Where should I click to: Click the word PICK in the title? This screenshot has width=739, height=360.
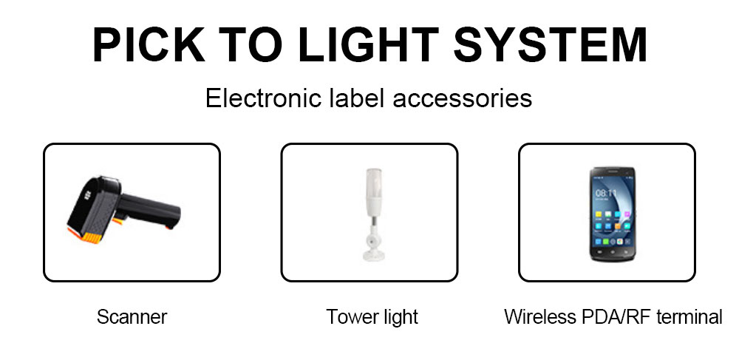coord(149,45)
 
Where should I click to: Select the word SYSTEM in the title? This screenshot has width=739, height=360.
coord(550,45)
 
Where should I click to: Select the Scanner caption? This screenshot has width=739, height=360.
coord(132,316)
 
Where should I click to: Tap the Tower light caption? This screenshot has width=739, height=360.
coord(372,316)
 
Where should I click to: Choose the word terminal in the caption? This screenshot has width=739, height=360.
coord(689,316)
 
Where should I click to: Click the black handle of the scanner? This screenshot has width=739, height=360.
coord(150,211)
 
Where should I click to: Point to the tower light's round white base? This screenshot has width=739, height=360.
coord(373,254)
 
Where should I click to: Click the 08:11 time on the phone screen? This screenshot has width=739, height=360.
coord(606,193)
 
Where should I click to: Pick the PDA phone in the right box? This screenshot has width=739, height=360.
coord(611,214)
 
